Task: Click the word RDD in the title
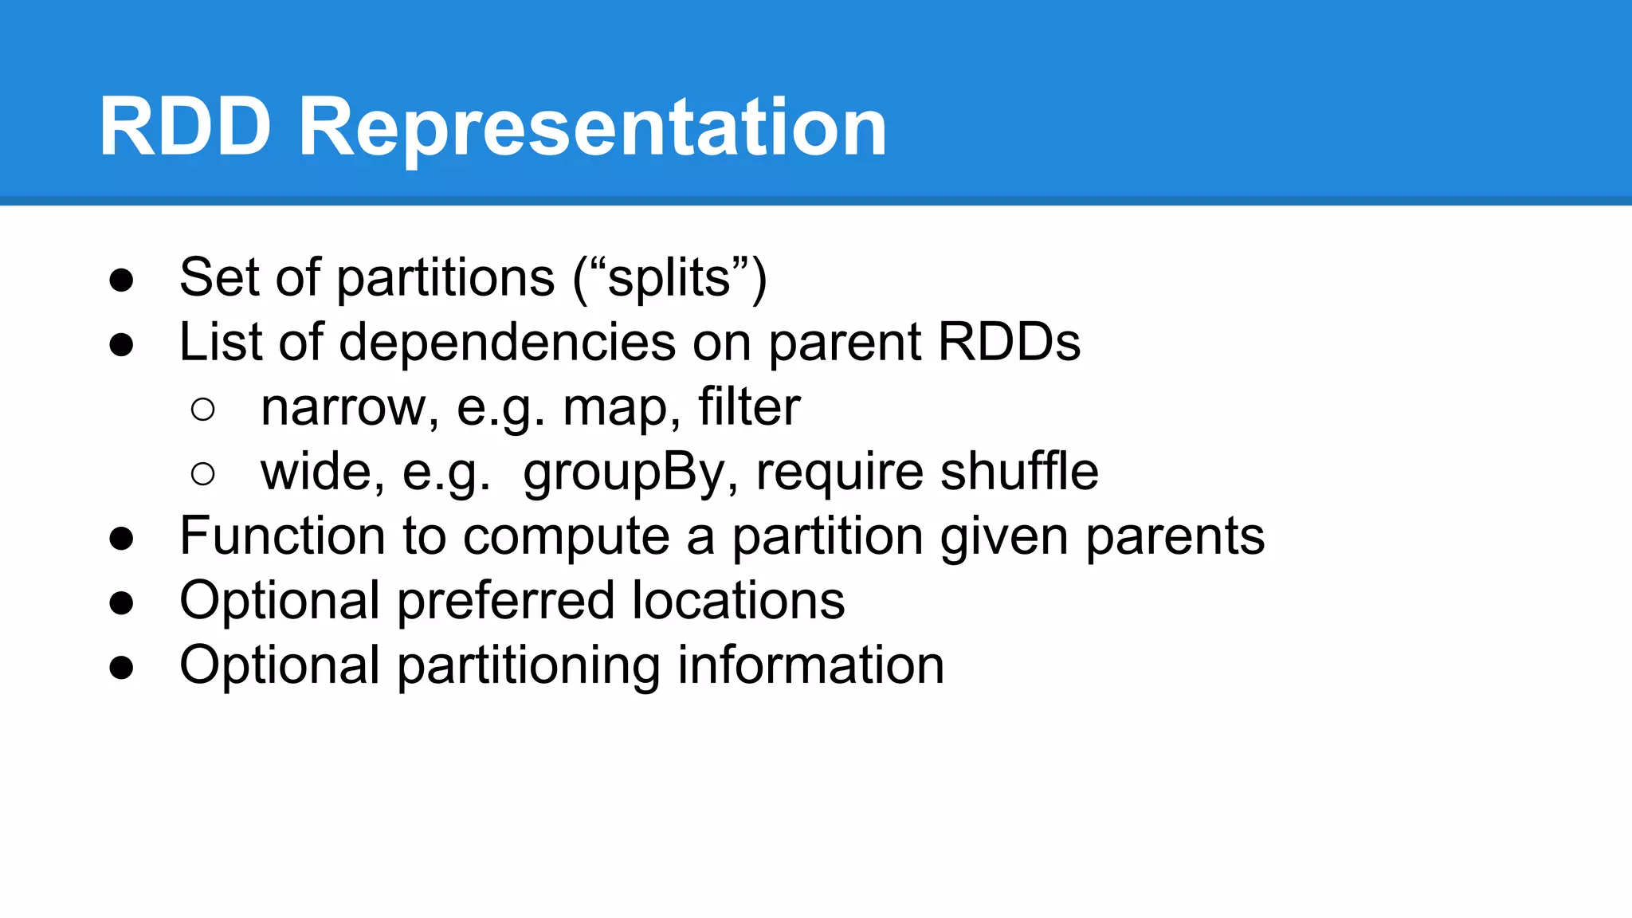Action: pyautogui.click(x=185, y=127)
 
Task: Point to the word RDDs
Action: pyautogui.click(x=1009, y=343)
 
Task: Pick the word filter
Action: pyautogui.click(x=749, y=407)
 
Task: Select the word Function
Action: pyautogui.click(x=282, y=535)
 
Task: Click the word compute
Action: pyautogui.click(x=566, y=537)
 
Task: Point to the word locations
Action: pyautogui.click(x=738, y=601)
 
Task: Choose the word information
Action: pyautogui.click(x=810, y=665)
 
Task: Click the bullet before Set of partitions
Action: pyautogui.click(x=121, y=280)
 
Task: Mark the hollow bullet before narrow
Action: pyautogui.click(x=203, y=410)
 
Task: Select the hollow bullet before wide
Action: pyautogui.click(x=203, y=474)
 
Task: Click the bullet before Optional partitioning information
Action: pyautogui.click(x=121, y=667)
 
